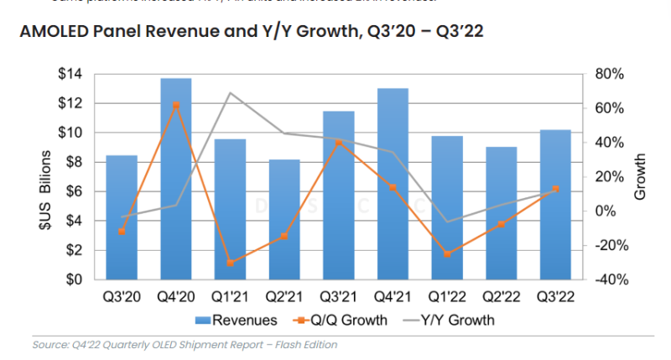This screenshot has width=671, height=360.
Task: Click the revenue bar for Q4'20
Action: (175, 180)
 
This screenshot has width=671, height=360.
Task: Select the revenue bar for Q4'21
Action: (393, 185)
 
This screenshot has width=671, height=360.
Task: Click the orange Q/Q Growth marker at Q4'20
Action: (175, 106)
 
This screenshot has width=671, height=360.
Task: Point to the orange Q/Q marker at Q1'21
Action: (230, 263)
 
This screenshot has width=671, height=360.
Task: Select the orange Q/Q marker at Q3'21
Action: (338, 143)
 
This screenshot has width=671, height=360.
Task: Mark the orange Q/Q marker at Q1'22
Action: (447, 253)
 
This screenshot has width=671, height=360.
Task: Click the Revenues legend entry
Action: (237, 320)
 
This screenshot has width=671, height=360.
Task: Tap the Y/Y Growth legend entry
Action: (447, 320)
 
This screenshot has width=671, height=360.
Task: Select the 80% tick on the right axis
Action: (606, 75)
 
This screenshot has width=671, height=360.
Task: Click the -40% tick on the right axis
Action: (605, 279)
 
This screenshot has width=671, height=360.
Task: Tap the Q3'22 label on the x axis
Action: (555, 296)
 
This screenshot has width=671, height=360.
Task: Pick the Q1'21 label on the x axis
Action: (230, 296)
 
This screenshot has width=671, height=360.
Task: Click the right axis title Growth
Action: (640, 177)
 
